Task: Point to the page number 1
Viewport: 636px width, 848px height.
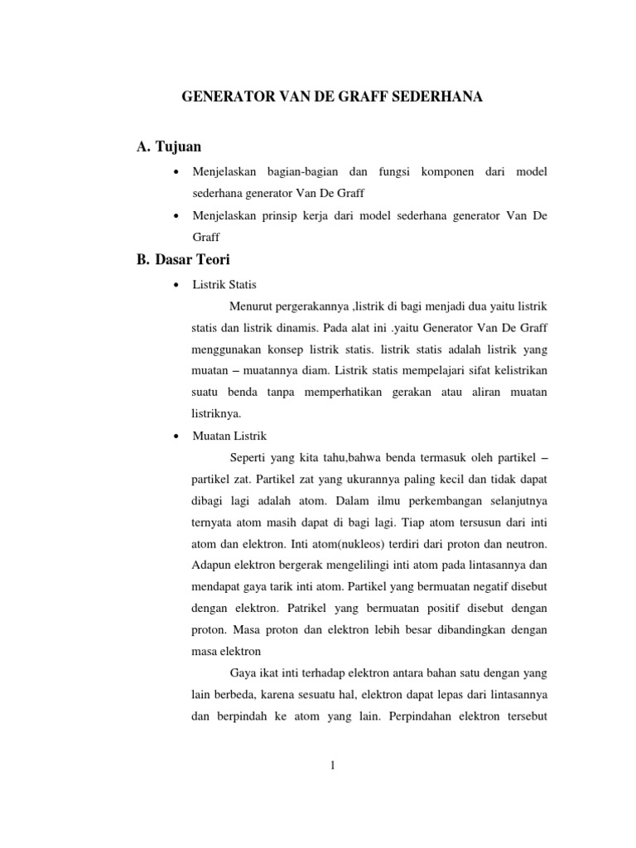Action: click(331, 765)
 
